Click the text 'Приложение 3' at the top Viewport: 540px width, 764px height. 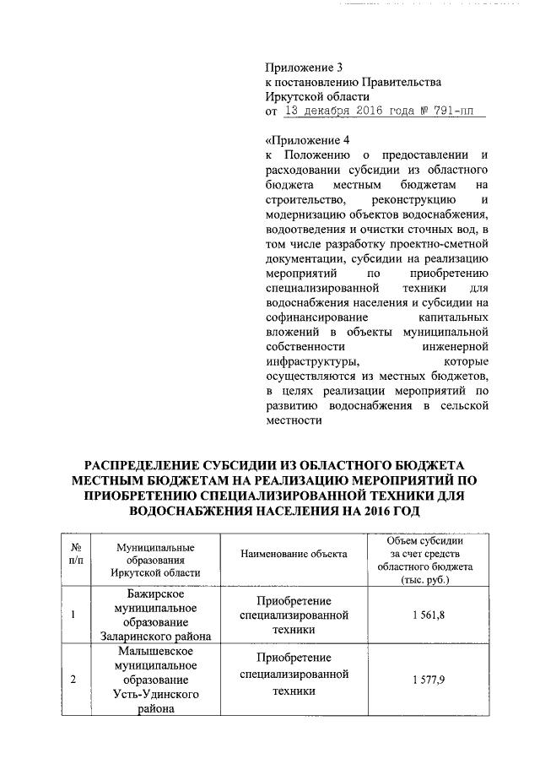tap(305, 67)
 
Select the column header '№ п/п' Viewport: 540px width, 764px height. tap(75, 555)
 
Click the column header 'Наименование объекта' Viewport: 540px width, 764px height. tap(294, 554)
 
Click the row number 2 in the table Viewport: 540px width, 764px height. tap(75, 680)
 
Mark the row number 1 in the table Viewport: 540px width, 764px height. tap(75, 615)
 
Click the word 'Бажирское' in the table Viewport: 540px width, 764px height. tap(156, 593)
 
